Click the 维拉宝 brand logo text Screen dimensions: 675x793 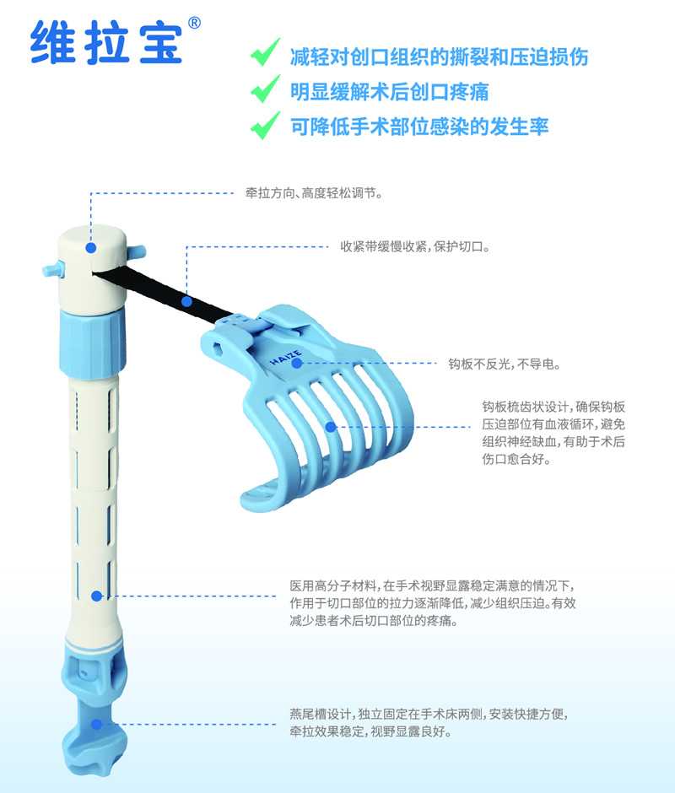(106, 42)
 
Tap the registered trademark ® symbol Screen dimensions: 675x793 (194, 23)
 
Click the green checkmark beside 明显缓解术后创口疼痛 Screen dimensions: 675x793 (265, 89)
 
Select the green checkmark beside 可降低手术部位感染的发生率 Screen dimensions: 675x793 (265, 125)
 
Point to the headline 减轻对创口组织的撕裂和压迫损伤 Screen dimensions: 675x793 (440, 57)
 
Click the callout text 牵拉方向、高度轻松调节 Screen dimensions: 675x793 (314, 193)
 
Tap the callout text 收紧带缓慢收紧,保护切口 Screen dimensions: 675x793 (415, 247)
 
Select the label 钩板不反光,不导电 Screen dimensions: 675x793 (505, 364)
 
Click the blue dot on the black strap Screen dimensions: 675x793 (186, 301)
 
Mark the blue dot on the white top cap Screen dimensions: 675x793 (91, 248)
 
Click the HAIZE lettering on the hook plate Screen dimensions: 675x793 (286, 358)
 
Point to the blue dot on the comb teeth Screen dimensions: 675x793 (331, 427)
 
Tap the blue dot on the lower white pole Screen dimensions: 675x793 (97, 596)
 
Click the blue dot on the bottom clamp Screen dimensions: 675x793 (97, 724)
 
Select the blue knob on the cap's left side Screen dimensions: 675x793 (54, 269)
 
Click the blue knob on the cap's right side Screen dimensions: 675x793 (136, 251)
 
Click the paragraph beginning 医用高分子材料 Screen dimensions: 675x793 (433, 603)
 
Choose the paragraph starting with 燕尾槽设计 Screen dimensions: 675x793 (429, 723)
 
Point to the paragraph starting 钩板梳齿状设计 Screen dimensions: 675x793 (553, 433)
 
